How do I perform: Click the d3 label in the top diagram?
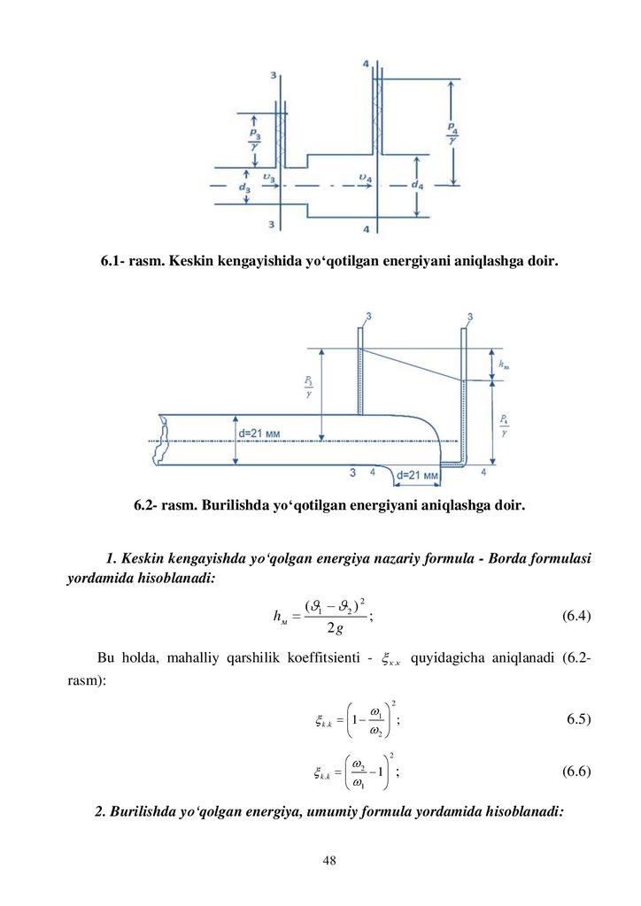click(245, 188)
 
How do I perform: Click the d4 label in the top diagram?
click(417, 186)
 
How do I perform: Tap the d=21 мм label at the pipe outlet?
click(418, 475)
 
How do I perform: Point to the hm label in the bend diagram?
click(504, 364)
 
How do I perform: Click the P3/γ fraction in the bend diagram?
click(308, 388)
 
